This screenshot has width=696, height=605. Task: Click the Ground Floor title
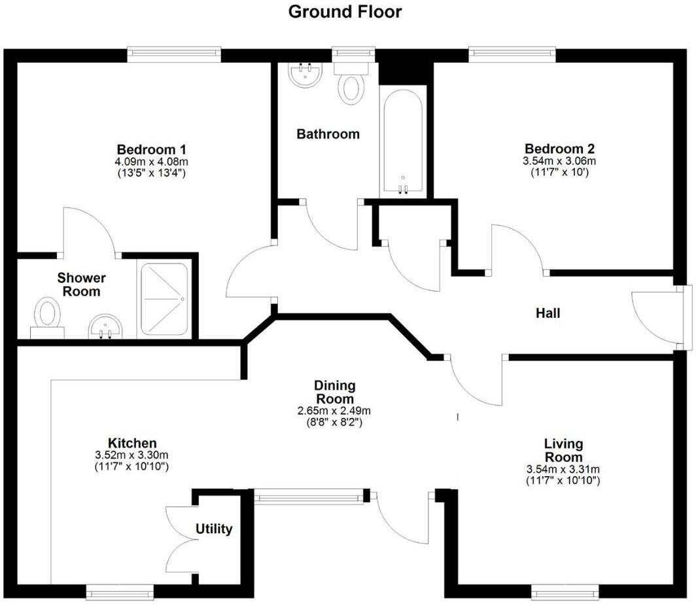(345, 12)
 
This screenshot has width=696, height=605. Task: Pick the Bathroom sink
(305, 75)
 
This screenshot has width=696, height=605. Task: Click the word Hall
(548, 314)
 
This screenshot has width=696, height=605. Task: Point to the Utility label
(215, 529)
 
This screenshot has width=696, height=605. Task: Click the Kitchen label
(133, 443)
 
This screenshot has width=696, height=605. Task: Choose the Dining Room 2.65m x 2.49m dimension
(334, 411)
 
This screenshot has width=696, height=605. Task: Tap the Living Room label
(563, 451)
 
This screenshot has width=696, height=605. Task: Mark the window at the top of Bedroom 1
(174, 54)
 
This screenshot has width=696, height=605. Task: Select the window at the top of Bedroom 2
(512, 54)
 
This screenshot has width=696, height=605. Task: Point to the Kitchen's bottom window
(120, 593)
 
